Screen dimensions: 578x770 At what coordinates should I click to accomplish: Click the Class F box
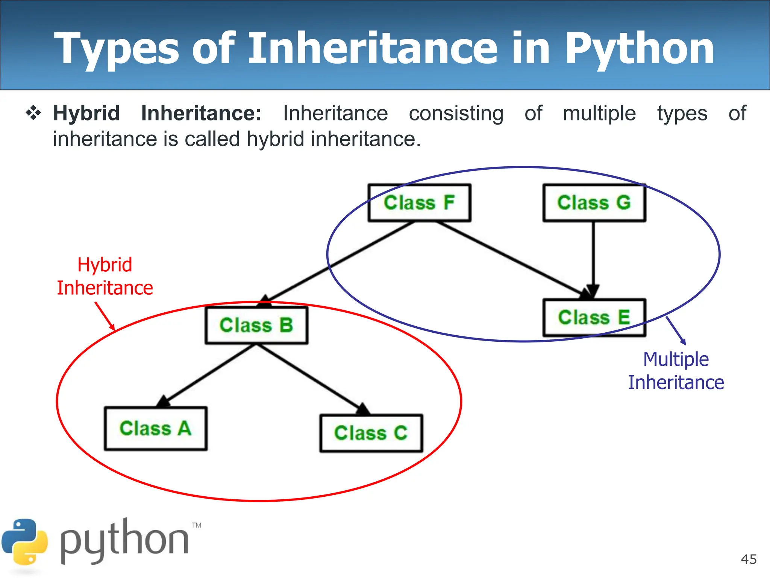(x=419, y=202)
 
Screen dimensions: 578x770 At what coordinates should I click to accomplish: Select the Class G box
(x=594, y=202)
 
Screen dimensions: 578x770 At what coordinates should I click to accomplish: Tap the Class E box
(x=594, y=317)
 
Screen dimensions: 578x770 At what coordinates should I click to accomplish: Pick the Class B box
(x=256, y=325)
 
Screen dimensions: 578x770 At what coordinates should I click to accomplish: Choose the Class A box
(x=156, y=428)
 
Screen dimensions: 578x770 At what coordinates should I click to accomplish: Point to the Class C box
(x=371, y=433)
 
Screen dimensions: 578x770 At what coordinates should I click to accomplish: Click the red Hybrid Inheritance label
(x=105, y=277)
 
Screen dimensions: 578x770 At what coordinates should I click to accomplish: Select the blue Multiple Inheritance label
(x=676, y=371)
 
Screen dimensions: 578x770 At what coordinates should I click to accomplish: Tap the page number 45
(x=749, y=559)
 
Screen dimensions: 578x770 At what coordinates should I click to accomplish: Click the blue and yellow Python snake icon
(x=25, y=542)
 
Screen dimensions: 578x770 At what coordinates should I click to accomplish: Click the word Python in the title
(x=639, y=49)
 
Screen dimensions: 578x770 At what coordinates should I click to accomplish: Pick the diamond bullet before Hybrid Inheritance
(x=33, y=113)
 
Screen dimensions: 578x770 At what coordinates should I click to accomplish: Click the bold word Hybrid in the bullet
(x=86, y=113)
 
